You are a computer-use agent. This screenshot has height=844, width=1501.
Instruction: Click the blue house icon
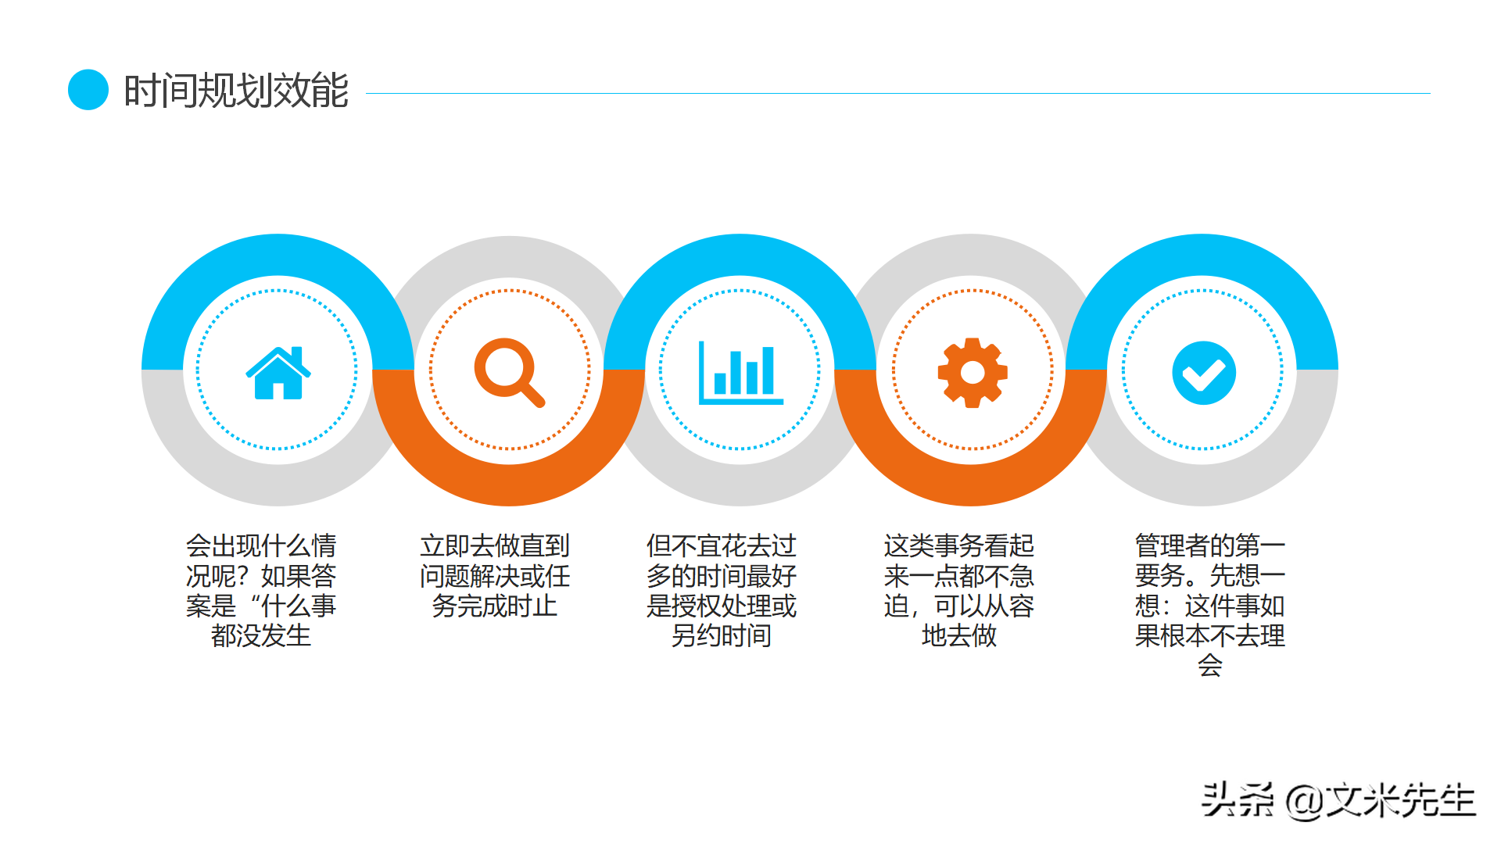point(278,374)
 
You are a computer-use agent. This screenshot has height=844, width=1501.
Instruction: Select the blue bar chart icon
point(740,374)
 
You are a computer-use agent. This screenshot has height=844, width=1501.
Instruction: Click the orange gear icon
point(973,373)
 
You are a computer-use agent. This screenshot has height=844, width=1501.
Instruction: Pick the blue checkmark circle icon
point(1204,373)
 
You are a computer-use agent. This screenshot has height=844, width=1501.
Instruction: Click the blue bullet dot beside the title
point(88,90)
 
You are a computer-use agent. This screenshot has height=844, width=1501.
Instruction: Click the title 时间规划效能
point(236,91)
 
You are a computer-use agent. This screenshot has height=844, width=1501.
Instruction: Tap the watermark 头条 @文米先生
point(1338,800)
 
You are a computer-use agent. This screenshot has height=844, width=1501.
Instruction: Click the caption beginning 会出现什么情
point(261,590)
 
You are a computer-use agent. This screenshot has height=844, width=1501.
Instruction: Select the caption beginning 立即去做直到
point(495,575)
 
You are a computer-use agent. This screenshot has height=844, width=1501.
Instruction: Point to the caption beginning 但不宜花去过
point(721,590)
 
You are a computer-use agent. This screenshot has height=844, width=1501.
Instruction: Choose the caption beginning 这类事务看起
point(959,590)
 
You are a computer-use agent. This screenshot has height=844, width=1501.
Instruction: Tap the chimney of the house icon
point(296,354)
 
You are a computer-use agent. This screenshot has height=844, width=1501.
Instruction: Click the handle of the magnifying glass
point(533,395)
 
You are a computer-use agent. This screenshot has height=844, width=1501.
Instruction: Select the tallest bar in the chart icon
point(768,370)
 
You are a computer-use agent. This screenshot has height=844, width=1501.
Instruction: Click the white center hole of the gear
point(973,373)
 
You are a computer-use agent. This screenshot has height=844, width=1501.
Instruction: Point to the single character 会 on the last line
point(1209,665)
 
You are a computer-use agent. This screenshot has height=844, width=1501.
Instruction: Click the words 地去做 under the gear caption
point(959,635)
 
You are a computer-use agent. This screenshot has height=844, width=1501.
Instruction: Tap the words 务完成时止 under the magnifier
point(495,606)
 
